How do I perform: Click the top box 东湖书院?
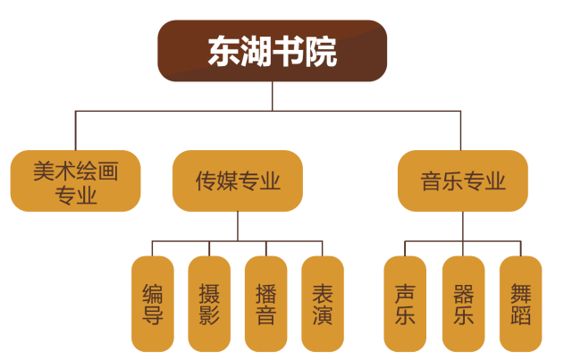[x=273, y=51]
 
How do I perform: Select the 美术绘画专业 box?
[x=76, y=181]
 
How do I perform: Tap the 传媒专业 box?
[x=238, y=181]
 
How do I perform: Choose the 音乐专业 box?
[x=463, y=181]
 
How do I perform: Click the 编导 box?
[x=153, y=304]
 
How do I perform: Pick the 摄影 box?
[x=209, y=304]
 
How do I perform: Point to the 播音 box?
[x=266, y=304]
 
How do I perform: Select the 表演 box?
[x=323, y=304]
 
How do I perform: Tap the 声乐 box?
[x=406, y=304]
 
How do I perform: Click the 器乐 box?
[x=463, y=304]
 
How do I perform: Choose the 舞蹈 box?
[x=520, y=304]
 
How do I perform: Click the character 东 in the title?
[x=223, y=52]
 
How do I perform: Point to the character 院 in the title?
[x=321, y=52]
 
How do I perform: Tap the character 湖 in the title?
[x=257, y=52]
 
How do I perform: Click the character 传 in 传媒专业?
[x=206, y=182]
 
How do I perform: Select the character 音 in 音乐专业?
[x=432, y=182]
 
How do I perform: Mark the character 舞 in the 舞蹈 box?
[x=520, y=292]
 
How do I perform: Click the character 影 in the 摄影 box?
[x=209, y=315]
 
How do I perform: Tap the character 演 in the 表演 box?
[x=323, y=315]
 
